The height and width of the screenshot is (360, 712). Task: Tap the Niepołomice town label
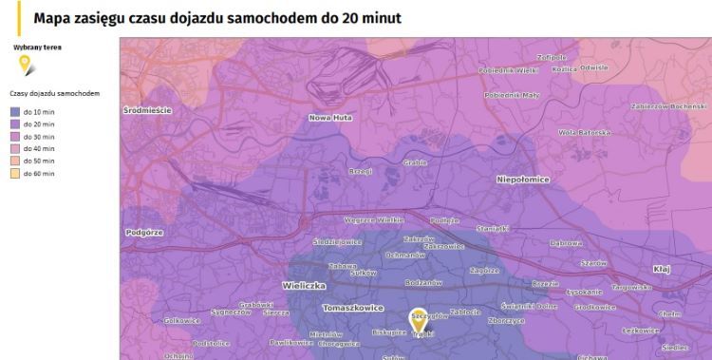click(523, 178)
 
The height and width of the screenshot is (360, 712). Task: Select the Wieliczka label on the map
click(304, 285)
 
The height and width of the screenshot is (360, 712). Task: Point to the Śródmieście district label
click(148, 110)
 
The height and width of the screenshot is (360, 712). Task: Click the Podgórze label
click(144, 232)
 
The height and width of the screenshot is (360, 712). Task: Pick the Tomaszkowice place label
click(353, 308)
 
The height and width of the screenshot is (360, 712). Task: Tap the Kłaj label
click(661, 270)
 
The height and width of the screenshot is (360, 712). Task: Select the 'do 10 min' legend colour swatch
click(15, 112)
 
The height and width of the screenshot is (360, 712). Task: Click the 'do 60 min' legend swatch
click(15, 174)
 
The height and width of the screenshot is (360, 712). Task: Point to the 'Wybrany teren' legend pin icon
click(28, 66)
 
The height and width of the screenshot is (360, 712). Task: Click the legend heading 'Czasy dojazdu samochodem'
click(54, 94)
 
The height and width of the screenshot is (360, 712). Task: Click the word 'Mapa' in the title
click(53, 18)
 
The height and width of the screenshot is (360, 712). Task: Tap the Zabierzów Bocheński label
click(668, 105)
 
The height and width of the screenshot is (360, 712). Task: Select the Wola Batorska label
click(584, 132)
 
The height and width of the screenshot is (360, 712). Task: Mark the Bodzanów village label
click(422, 282)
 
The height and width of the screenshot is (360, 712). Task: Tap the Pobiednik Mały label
click(511, 95)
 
